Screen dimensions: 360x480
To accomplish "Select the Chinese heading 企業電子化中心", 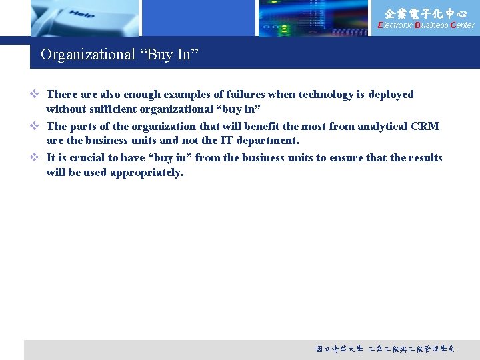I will point(426,13).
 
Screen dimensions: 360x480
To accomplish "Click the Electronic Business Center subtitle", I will point(426,25).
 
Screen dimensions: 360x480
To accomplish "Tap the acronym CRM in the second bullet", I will point(425,126).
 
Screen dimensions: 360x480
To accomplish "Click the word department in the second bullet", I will point(269,141).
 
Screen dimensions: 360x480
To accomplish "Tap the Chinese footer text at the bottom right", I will point(385,349).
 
